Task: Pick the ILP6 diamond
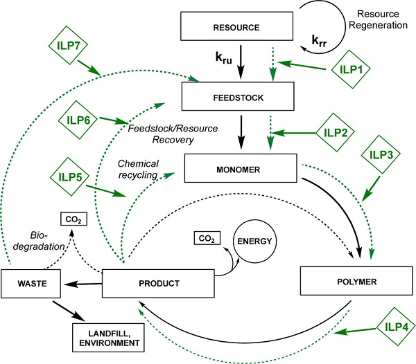78,118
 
